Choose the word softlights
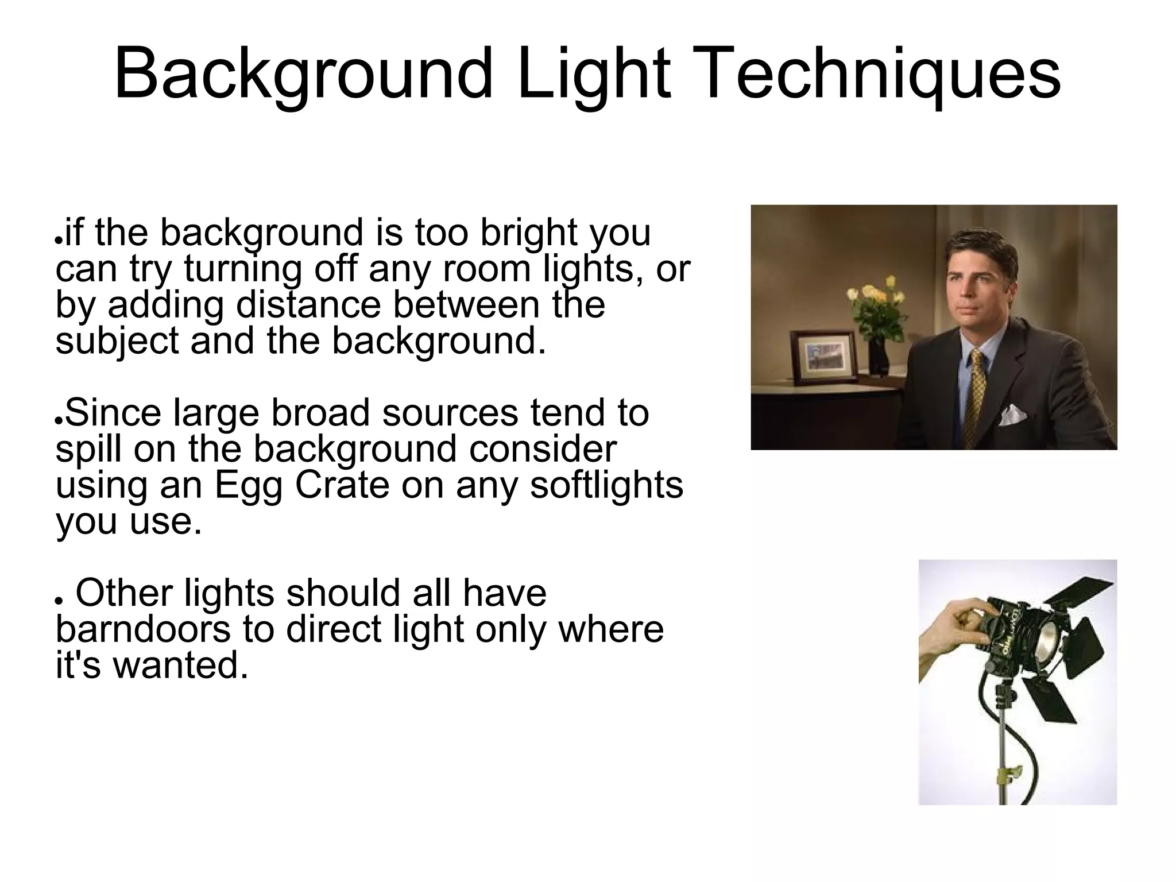coord(606,485)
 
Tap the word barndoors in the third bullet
coord(143,629)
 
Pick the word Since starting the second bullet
coord(113,413)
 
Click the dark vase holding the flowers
coord(879,356)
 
